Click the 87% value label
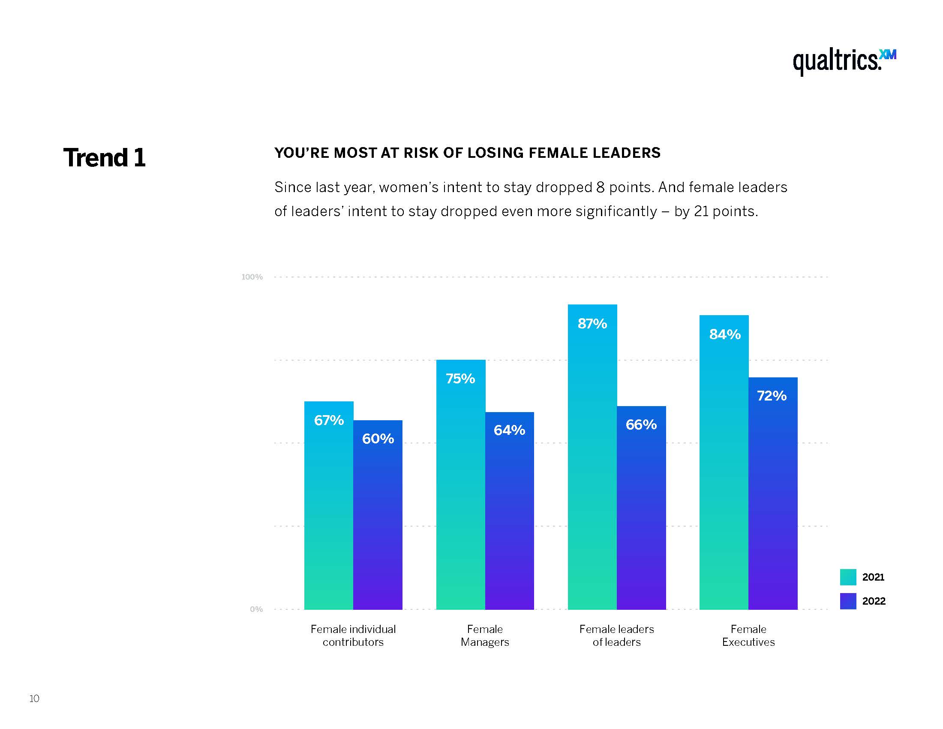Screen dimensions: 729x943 [x=592, y=323]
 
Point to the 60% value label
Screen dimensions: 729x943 [x=378, y=439]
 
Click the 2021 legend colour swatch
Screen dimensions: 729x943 [x=847, y=577]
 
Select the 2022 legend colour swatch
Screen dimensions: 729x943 [x=847, y=601]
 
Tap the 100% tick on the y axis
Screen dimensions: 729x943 [x=252, y=277]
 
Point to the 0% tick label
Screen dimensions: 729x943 [x=256, y=609]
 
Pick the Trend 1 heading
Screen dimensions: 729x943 [x=105, y=158]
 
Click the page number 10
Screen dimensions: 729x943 [x=34, y=698]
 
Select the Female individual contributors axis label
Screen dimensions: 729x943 [x=353, y=635]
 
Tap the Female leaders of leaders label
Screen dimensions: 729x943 [x=616, y=635]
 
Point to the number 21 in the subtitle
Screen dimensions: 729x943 [x=701, y=211]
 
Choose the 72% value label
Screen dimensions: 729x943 [x=772, y=396]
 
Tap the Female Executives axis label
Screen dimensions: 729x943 [x=748, y=635]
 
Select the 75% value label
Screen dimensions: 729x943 [x=460, y=379]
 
